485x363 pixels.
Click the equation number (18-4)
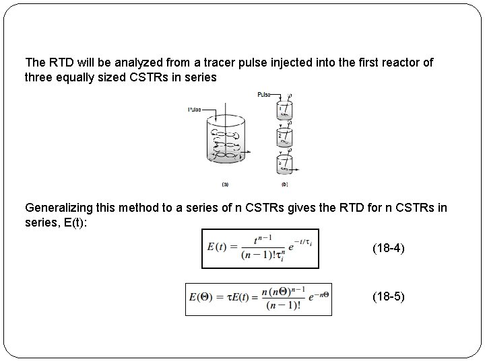[x=389, y=249]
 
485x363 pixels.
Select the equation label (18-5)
[x=389, y=295]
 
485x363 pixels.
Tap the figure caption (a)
[x=225, y=183]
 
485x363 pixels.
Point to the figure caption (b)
[x=284, y=183]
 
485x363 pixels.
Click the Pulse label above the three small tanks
[x=264, y=95]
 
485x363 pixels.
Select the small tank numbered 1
[x=286, y=110]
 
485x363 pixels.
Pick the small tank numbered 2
[x=286, y=137]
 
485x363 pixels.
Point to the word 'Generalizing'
[x=57, y=208]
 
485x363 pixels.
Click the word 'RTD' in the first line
[x=59, y=63]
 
